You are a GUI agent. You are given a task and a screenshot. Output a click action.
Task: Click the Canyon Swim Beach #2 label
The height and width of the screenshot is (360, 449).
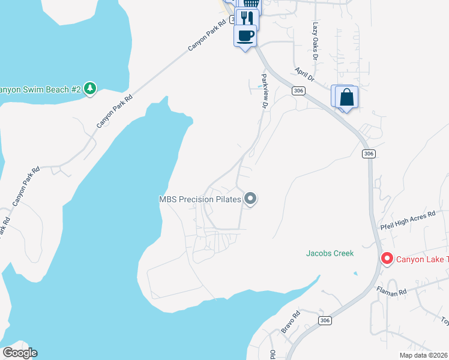point(40,89)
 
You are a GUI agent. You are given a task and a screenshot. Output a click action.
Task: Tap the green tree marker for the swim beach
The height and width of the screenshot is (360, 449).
point(90,89)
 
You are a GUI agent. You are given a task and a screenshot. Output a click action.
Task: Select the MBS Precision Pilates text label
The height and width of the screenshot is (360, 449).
point(199,199)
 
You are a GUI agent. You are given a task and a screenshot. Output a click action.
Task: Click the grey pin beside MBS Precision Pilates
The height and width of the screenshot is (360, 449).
point(251,198)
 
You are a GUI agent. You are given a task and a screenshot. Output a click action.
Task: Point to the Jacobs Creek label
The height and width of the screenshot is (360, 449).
point(330,253)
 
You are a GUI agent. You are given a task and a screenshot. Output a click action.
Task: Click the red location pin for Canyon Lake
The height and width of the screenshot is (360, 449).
point(387,259)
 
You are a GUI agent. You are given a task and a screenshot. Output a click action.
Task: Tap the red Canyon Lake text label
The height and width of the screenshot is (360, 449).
point(421,259)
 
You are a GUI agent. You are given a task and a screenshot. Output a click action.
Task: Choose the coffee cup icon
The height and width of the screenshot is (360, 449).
point(245,35)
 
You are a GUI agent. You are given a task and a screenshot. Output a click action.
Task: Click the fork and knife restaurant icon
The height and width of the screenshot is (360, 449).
point(247,18)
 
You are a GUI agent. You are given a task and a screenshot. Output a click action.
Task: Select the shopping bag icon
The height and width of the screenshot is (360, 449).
point(347,97)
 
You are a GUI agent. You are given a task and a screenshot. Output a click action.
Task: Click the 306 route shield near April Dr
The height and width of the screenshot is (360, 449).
point(299,90)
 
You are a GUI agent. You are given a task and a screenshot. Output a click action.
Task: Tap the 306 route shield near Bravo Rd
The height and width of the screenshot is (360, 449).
point(325,321)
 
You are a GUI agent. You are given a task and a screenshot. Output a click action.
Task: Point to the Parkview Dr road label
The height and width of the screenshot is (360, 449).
point(264,91)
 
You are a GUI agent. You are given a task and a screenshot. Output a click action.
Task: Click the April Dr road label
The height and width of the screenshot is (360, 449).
point(304,74)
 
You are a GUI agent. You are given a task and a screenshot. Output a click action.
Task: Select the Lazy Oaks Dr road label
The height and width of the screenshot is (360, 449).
point(315,41)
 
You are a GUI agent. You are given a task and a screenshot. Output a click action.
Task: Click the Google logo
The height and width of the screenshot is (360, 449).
point(20,353)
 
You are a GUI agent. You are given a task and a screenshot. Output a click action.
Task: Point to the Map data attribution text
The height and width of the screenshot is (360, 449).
point(424,355)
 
